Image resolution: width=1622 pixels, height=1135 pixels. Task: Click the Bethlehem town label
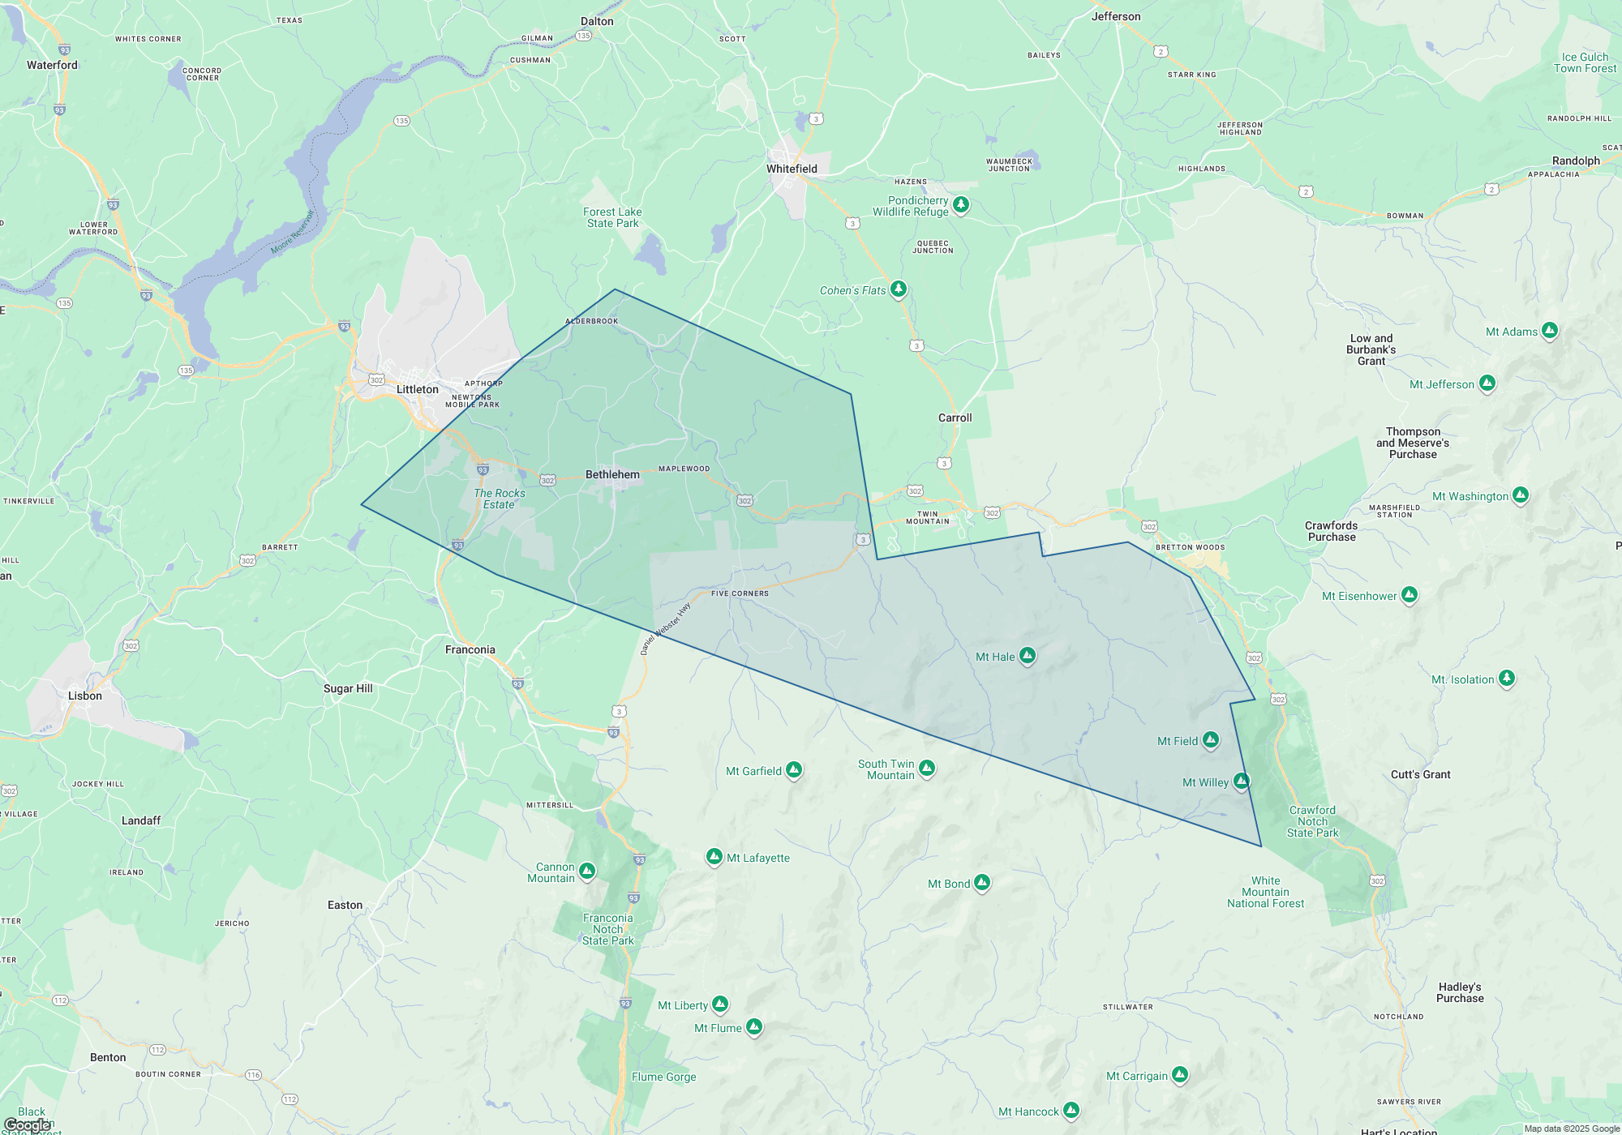(x=612, y=474)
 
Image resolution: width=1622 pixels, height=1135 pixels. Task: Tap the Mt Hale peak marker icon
(x=1027, y=655)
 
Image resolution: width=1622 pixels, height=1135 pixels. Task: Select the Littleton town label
(x=417, y=389)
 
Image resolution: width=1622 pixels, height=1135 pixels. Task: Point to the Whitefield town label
(x=792, y=169)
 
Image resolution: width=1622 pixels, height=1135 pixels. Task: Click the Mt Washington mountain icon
(x=1521, y=495)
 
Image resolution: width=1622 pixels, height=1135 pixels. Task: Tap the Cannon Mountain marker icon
(x=587, y=872)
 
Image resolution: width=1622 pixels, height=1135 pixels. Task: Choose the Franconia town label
(x=470, y=649)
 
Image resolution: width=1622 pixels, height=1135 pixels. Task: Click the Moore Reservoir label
(x=292, y=233)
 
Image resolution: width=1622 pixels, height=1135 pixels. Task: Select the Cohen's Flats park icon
(x=898, y=289)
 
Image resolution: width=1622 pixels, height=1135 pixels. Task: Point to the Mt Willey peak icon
(x=1241, y=781)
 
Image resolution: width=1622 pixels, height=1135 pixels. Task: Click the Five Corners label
(x=740, y=593)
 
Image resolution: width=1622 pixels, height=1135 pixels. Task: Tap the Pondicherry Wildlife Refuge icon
(x=961, y=204)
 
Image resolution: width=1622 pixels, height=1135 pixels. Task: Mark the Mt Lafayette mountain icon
(x=714, y=856)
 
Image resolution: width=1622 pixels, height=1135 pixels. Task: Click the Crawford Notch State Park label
(x=1312, y=821)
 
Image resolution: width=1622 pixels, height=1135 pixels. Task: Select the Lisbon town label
(x=85, y=696)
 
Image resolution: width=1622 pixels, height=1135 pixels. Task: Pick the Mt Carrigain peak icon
(x=1180, y=1074)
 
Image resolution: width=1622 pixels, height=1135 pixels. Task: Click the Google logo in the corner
(x=28, y=1124)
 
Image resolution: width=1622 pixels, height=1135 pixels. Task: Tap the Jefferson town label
(x=1115, y=16)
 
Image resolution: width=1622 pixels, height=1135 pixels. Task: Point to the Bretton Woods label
(x=1190, y=547)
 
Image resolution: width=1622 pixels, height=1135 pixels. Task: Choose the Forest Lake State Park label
(x=612, y=217)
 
